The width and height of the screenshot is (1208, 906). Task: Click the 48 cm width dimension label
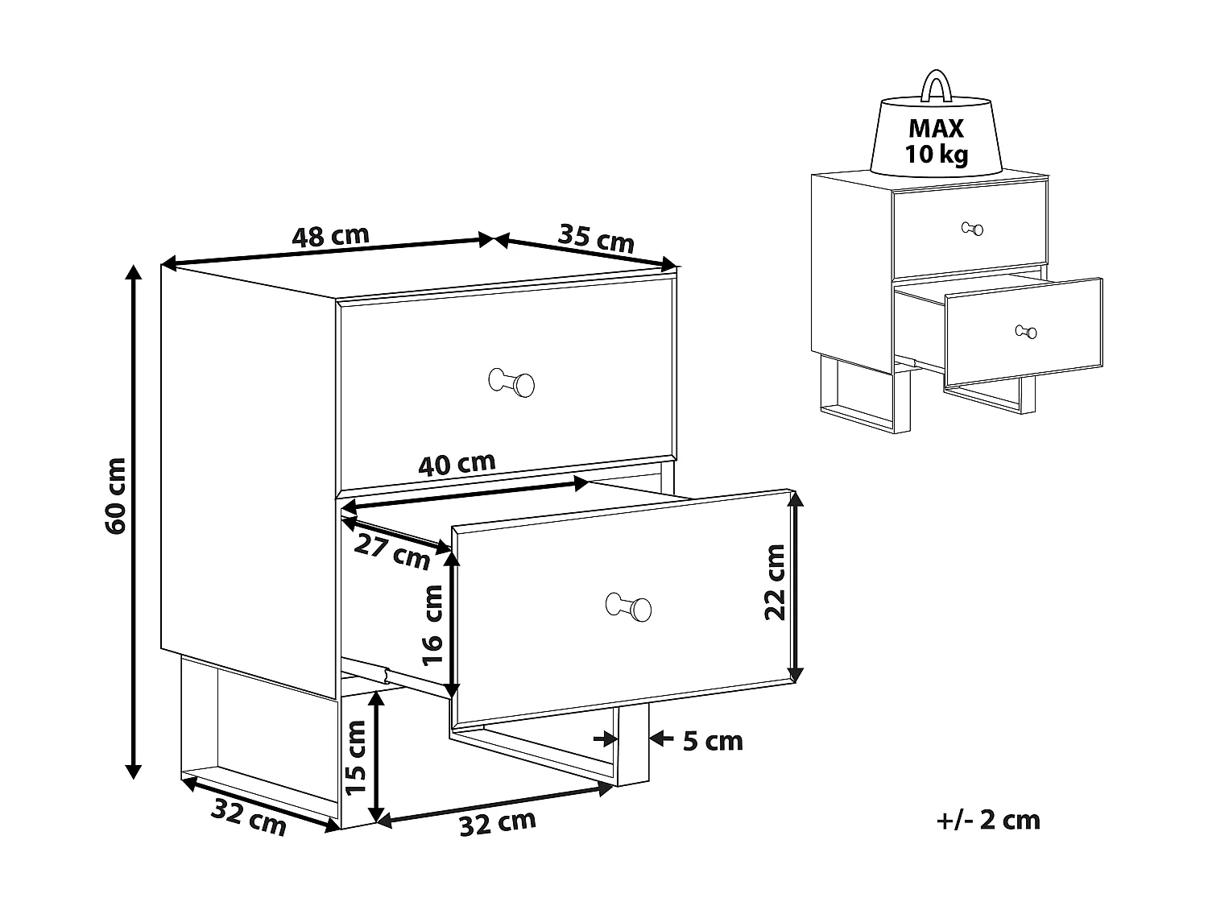330,236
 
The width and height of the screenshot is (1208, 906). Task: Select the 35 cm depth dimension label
596,238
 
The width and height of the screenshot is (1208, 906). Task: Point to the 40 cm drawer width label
457,464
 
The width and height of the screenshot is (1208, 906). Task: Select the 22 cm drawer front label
774,581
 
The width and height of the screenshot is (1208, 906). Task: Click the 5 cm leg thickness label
713,741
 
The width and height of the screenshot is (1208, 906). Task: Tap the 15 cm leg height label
356,758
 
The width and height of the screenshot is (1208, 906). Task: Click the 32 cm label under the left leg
248,817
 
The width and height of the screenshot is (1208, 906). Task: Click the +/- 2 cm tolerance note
989,821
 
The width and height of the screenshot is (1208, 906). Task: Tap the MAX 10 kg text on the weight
936,141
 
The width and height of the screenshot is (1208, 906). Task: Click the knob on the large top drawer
512,383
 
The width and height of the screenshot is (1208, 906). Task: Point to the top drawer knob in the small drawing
973,229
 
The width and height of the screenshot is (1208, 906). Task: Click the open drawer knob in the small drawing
1026,331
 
